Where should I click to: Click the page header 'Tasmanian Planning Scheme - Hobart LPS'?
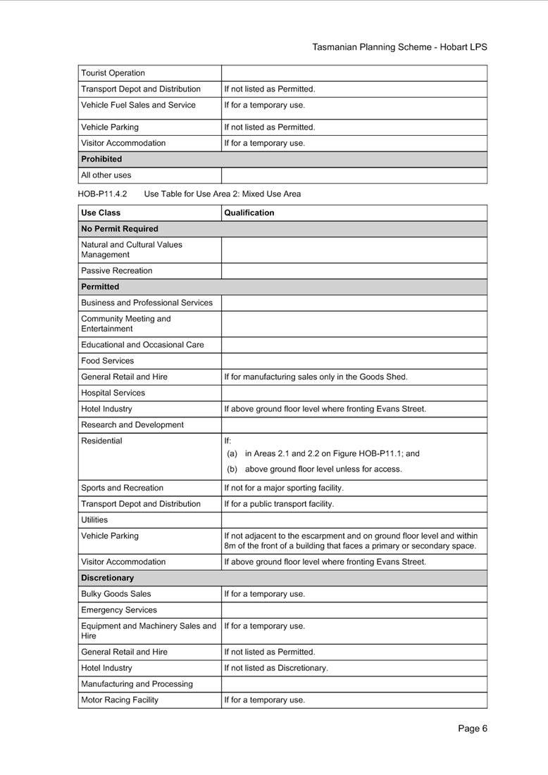pos(399,47)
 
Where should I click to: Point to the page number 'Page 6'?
pos(472,729)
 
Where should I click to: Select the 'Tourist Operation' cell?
pos(113,73)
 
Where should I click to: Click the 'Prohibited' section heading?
pos(101,159)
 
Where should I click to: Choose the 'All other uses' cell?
pos(106,175)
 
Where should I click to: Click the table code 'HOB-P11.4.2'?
pos(102,194)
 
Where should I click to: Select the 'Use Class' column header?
pos(101,213)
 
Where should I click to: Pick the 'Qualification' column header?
pos(249,213)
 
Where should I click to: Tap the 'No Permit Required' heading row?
pos(120,229)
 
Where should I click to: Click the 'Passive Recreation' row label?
pos(116,270)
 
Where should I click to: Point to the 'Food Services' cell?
pos(107,360)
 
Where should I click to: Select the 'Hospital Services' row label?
pos(113,393)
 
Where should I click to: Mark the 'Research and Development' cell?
pos(132,424)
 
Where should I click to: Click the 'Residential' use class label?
pos(101,441)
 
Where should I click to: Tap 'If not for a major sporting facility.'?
pos(284,488)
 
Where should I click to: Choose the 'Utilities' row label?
pos(94,519)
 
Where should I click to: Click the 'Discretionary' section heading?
pos(107,578)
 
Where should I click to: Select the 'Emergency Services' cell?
pos(118,610)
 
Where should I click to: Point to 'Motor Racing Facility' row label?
pos(120,700)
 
